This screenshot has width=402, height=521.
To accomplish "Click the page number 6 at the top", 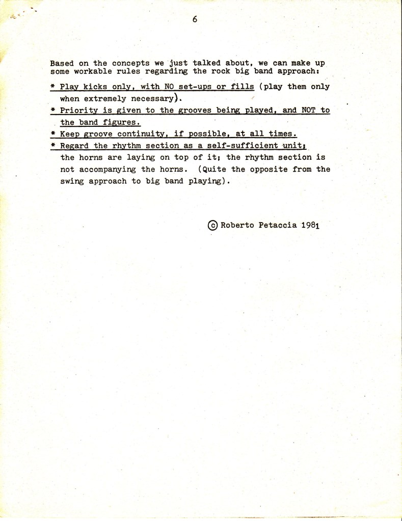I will [x=195, y=19].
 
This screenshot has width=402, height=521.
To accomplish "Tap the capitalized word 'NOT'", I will [x=310, y=111].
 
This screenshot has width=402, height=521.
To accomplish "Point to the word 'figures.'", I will [x=123, y=123].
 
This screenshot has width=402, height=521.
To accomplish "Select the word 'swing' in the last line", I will [x=72, y=181].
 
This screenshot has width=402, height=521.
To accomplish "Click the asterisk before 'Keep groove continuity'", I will [x=53, y=134].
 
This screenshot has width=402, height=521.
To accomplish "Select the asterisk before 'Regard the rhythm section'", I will [x=53, y=146].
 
